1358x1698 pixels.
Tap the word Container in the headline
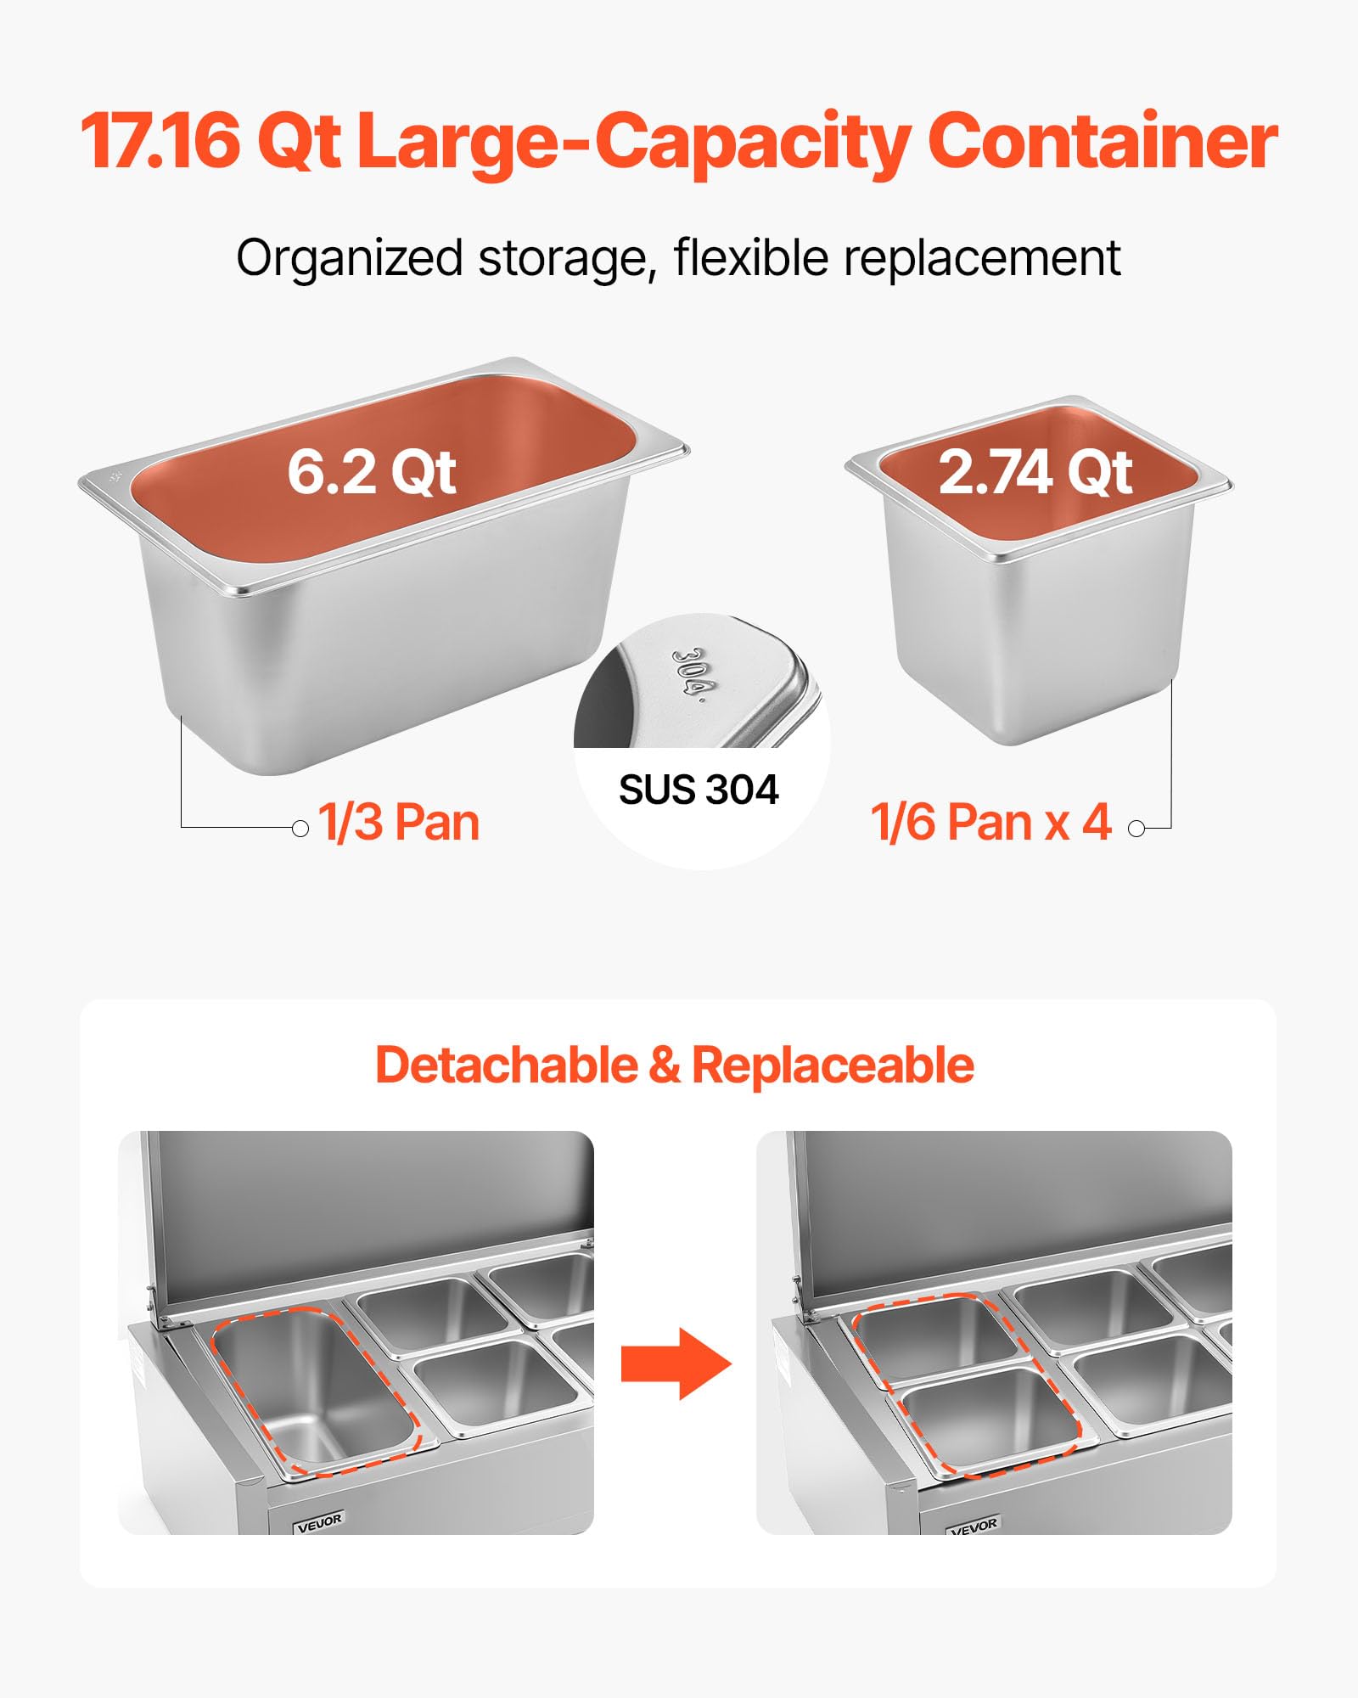(1103, 140)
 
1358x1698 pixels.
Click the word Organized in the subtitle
(349, 259)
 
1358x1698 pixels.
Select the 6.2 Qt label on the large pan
(372, 473)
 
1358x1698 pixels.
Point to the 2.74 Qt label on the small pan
(1035, 472)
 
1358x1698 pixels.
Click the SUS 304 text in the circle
(699, 790)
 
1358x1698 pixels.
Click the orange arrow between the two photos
(676, 1363)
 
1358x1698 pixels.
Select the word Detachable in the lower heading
(507, 1065)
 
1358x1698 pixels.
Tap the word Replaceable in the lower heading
(833, 1065)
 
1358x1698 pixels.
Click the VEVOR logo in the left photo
(319, 1523)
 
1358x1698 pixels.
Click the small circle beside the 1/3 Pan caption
(300, 828)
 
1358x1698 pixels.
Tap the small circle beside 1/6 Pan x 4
(1136, 828)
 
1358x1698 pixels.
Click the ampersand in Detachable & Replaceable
(665, 1065)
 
